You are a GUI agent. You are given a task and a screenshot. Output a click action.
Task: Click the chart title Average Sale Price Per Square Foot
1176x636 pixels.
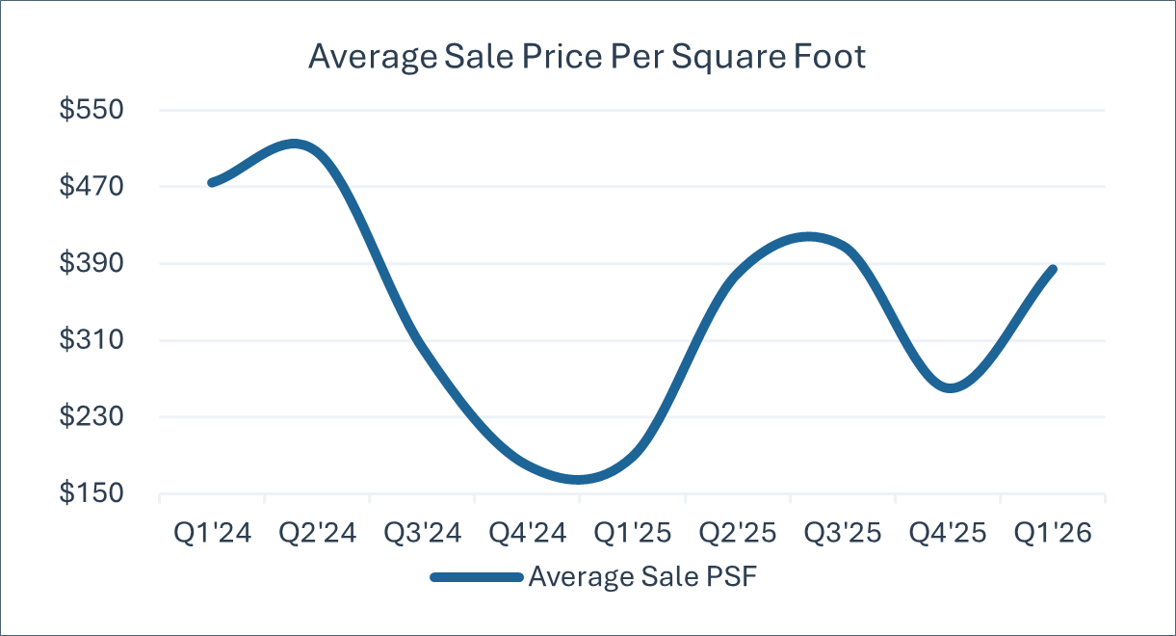[x=587, y=57]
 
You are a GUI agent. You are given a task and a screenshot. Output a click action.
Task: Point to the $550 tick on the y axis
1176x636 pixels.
[x=91, y=110]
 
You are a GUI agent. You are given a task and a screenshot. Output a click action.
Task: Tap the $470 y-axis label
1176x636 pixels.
[x=91, y=186]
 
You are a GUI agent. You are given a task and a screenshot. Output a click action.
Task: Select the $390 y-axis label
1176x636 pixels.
[x=91, y=263]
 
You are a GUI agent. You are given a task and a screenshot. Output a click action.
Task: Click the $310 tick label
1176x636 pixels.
[x=91, y=340]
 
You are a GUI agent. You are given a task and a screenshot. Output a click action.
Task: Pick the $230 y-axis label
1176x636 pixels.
[x=91, y=416]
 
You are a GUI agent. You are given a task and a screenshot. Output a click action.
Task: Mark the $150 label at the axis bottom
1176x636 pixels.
[x=91, y=493]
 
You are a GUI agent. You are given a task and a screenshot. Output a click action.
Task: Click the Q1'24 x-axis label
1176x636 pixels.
[x=212, y=533]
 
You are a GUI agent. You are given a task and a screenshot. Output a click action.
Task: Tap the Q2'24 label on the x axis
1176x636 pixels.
[x=317, y=533]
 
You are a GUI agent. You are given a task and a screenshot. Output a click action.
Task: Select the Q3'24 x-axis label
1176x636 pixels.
[x=422, y=533]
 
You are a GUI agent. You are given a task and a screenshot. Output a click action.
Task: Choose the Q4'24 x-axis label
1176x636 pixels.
[x=528, y=533]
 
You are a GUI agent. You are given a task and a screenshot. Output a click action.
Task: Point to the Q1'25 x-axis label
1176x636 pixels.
[x=633, y=533]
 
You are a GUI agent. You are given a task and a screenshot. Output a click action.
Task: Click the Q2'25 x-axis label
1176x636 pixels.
[x=738, y=533]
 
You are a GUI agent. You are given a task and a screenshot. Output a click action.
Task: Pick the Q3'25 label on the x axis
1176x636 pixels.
[x=843, y=533]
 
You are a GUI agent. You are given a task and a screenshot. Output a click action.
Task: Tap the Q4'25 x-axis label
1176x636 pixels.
[x=948, y=533]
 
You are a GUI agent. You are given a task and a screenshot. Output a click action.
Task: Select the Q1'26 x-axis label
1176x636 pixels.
[x=1053, y=533]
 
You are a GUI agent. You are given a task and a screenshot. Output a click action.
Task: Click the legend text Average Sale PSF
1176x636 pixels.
[x=642, y=577]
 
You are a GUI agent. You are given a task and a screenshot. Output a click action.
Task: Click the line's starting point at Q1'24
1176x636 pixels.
[x=212, y=183]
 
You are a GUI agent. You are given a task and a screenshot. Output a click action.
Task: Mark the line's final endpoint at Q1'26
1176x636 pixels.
[x=1053, y=270]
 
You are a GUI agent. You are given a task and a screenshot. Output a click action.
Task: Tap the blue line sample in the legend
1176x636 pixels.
[x=477, y=578]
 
